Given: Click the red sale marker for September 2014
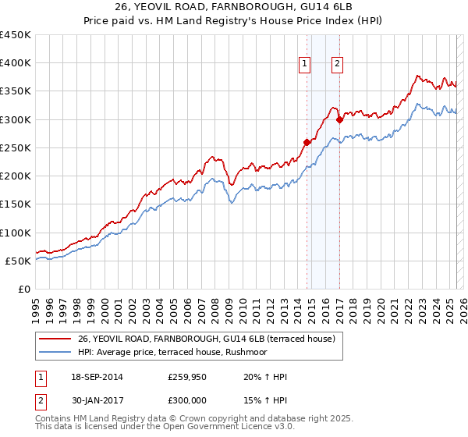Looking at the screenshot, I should pyautogui.click(x=307, y=142).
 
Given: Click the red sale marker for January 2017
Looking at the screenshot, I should pyautogui.click(x=339, y=119).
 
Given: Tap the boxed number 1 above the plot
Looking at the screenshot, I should pyautogui.click(x=303, y=65).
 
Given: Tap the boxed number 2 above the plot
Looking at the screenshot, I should pyautogui.click(x=337, y=65).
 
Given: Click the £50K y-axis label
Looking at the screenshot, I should pyautogui.click(x=19, y=261).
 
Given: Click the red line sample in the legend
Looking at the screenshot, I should pyautogui.click(x=55, y=339).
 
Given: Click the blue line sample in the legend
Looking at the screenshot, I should pyautogui.click(x=55, y=352).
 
